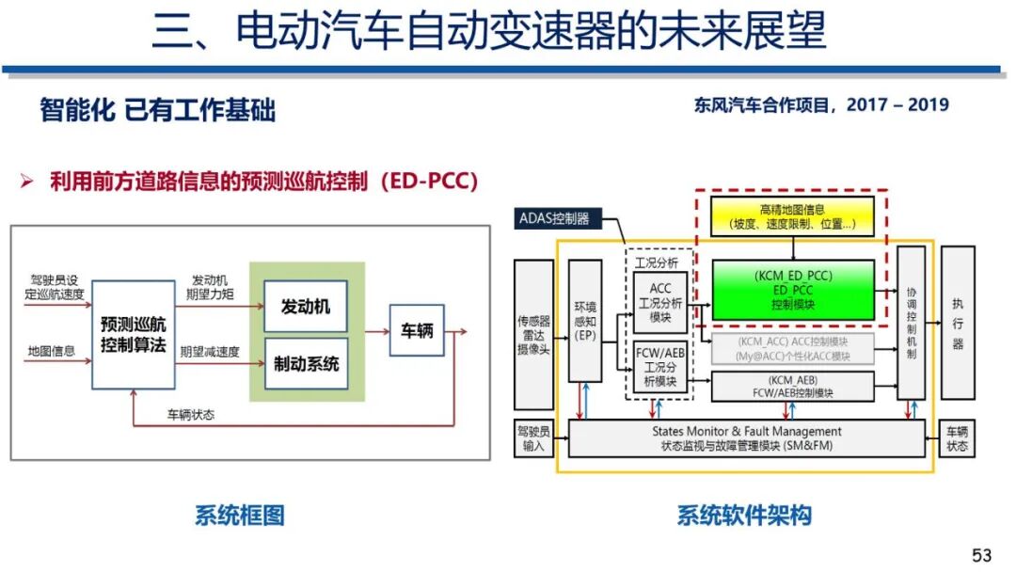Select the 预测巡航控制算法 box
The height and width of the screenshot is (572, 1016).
(134, 333)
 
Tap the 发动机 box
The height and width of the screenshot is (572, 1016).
(306, 307)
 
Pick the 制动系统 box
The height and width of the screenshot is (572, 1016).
(306, 363)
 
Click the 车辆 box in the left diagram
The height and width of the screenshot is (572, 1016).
(417, 330)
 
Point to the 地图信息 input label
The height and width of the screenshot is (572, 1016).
(52, 352)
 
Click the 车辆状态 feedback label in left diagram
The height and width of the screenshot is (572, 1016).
(190, 413)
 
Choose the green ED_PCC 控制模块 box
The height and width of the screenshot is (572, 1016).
(793, 290)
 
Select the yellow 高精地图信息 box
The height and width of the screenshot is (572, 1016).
(793, 216)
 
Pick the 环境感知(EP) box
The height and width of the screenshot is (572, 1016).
(584, 321)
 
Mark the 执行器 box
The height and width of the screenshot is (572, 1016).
(958, 323)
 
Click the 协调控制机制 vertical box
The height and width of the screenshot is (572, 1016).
(911, 323)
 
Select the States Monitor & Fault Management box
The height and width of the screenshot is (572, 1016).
(748, 438)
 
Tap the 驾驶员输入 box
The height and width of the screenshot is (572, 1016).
(533, 438)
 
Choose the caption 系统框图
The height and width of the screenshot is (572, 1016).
(239, 516)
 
